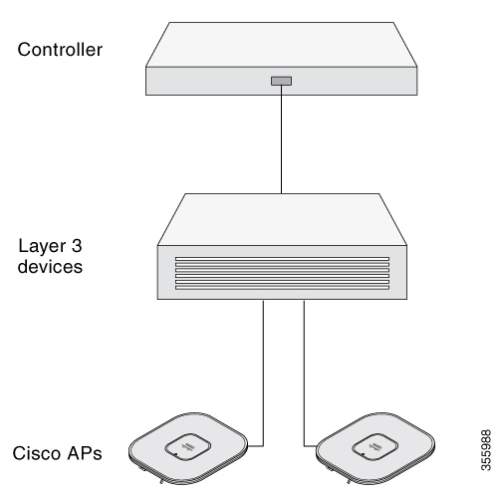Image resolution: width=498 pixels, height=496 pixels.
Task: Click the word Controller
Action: pos(60,50)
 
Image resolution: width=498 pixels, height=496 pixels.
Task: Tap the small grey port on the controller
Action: pos(281,81)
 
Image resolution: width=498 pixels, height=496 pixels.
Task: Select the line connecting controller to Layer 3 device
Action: pos(281,139)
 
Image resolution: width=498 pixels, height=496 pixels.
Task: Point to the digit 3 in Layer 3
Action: pos(77,246)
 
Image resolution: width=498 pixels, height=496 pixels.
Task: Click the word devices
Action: pos(50,267)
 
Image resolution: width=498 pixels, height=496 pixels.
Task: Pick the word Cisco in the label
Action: pos(37,453)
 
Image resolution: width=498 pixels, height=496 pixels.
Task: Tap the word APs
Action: pos(85,453)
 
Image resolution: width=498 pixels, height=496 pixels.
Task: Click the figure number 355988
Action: pos(486,450)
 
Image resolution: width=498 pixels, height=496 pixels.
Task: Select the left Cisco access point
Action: pos(188,448)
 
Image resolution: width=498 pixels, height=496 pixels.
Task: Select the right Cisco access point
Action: pos(375,448)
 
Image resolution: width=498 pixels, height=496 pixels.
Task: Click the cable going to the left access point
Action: pos(263,373)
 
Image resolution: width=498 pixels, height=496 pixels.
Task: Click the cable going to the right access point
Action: pos(304,373)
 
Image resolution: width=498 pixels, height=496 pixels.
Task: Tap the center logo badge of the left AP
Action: pos(188,447)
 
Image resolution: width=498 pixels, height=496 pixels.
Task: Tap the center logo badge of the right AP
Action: pos(375,447)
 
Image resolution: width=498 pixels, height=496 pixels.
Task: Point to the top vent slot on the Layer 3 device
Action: pos(282,259)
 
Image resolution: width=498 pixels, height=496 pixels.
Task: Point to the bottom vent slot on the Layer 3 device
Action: pos(282,287)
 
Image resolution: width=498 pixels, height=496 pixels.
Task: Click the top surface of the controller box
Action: pos(282,45)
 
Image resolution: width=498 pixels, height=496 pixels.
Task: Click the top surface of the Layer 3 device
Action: pos(282,219)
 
